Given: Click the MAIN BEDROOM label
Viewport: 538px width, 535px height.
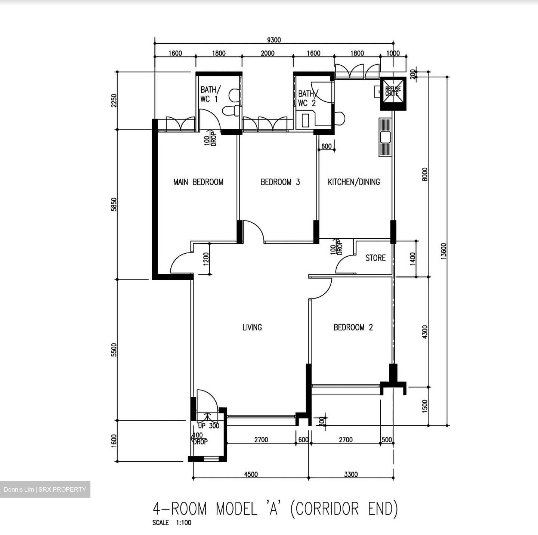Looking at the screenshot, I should click(x=198, y=182).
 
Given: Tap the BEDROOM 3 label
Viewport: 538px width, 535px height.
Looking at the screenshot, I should click(x=280, y=182).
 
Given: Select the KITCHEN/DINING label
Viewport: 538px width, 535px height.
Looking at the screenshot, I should click(x=353, y=182).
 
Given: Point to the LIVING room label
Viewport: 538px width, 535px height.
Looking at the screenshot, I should click(x=252, y=327).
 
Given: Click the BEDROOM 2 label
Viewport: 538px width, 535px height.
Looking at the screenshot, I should click(x=353, y=327).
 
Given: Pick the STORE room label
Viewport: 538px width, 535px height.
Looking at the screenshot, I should click(x=375, y=258).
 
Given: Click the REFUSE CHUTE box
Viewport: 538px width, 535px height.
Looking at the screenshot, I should click(x=393, y=92).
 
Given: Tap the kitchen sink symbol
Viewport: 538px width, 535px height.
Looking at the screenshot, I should click(x=385, y=137).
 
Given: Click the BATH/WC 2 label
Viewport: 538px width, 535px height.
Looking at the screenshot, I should click(x=307, y=98).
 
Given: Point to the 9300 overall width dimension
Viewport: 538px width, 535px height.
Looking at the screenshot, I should click(x=274, y=40).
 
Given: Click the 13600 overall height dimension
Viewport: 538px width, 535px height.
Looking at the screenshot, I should click(x=443, y=251).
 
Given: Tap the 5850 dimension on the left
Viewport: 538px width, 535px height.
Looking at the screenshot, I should click(x=114, y=204).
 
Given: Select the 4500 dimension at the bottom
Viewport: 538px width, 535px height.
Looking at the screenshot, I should click(x=251, y=474).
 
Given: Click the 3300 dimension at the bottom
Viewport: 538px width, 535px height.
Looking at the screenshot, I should click(x=350, y=474).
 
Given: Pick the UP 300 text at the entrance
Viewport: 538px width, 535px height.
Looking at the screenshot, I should click(x=208, y=426).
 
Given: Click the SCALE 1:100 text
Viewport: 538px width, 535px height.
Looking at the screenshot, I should click(x=171, y=523).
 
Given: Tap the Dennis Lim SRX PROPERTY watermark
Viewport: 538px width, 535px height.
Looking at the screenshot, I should click(x=45, y=489).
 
